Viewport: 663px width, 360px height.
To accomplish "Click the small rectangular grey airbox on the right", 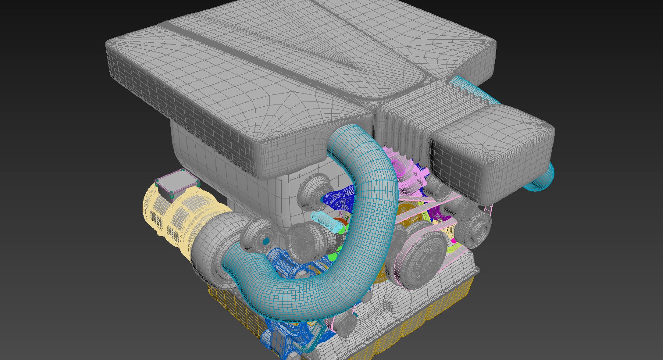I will pyautogui.click(x=490, y=152).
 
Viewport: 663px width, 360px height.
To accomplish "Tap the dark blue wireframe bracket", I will pyautogui.click(x=340, y=200).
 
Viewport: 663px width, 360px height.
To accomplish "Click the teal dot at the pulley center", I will pyautogui.click(x=266, y=241).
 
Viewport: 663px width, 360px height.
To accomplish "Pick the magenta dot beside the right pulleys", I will pyautogui.click(x=453, y=241).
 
